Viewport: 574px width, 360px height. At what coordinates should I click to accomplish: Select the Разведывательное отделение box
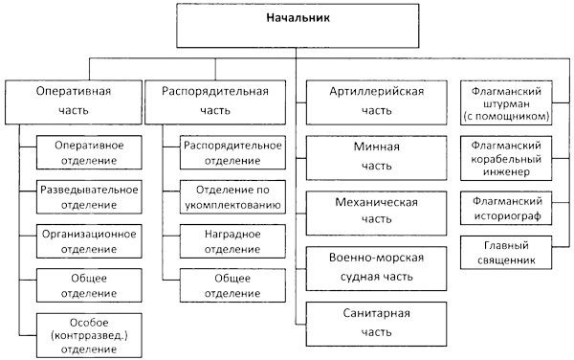point(88,195)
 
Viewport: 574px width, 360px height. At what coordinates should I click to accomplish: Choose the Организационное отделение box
point(88,240)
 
